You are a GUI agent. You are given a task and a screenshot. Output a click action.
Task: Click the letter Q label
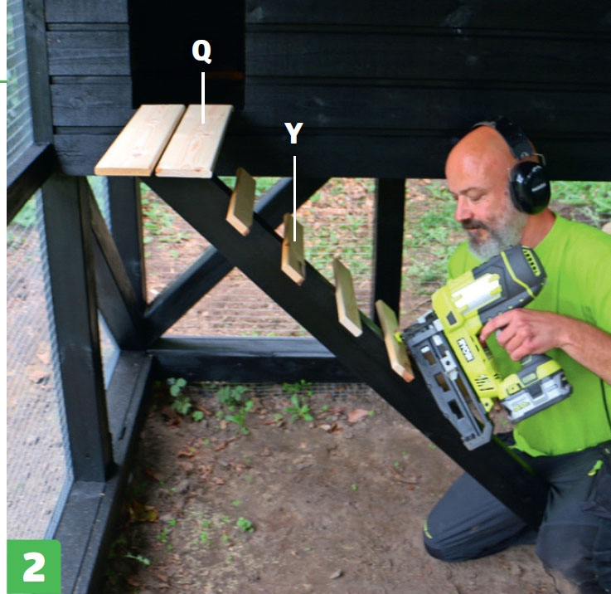201,51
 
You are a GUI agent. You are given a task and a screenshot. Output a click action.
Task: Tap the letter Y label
293,133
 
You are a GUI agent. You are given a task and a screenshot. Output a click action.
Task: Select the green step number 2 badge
34,567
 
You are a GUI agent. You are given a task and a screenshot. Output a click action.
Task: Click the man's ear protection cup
530,187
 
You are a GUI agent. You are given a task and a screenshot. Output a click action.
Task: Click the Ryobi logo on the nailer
465,350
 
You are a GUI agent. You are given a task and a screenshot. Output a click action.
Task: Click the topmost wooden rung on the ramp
240,202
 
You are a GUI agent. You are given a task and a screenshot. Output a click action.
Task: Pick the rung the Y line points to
293,249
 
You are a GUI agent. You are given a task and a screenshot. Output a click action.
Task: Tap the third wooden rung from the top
347,297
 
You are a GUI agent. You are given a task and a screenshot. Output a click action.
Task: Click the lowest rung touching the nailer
394,340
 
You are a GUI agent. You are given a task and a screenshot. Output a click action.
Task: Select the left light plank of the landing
139,139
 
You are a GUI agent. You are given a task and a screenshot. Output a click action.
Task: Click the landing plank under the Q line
194,141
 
